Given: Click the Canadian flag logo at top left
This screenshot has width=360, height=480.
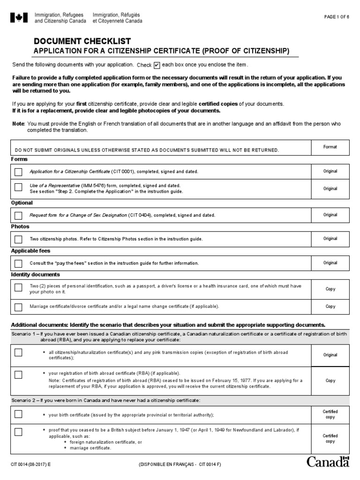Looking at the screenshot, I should click(x=19, y=18).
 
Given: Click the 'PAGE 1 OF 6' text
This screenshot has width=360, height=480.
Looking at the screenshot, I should click(x=337, y=17).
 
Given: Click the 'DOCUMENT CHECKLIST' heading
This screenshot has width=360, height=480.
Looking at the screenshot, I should click(x=82, y=41).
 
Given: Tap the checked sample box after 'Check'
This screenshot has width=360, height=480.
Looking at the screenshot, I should click(x=157, y=65).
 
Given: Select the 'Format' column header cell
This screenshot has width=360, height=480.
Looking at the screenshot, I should click(x=330, y=147).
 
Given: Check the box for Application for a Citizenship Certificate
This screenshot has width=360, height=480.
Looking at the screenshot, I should click(x=18, y=172).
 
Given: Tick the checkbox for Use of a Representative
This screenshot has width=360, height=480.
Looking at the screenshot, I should click(x=18, y=187).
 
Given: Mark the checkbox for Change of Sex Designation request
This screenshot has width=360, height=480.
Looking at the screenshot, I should click(x=18, y=215).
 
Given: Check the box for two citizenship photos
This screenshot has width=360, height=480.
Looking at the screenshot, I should click(x=18, y=239).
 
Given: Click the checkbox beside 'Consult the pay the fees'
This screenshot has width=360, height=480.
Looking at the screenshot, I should click(x=18, y=263).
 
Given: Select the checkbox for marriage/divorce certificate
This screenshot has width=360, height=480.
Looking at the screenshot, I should click(x=18, y=307).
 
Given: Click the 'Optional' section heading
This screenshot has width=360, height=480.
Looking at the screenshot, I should click(x=22, y=203).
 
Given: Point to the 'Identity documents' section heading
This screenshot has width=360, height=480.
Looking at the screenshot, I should click(x=36, y=275).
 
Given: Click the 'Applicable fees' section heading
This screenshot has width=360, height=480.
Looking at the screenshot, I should click(x=30, y=251).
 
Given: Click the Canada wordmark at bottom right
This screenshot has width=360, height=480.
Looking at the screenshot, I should click(x=328, y=462).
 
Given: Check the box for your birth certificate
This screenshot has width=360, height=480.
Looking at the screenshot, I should click(x=18, y=414).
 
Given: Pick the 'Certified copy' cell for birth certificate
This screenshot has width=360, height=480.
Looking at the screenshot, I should click(x=330, y=414).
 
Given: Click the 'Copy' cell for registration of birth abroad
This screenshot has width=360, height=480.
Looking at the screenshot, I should click(x=330, y=381).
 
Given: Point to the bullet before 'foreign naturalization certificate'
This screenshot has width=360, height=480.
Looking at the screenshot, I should click(x=65, y=442).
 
